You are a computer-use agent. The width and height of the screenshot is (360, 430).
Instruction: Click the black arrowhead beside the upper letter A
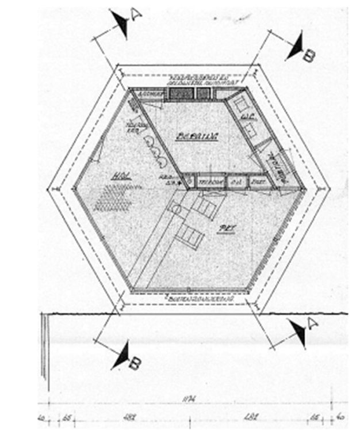pos(121,24)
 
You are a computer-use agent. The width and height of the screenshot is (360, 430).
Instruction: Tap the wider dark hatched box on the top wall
pos(178,94)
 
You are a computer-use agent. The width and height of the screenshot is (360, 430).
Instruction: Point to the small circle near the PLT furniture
pos(177,211)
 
